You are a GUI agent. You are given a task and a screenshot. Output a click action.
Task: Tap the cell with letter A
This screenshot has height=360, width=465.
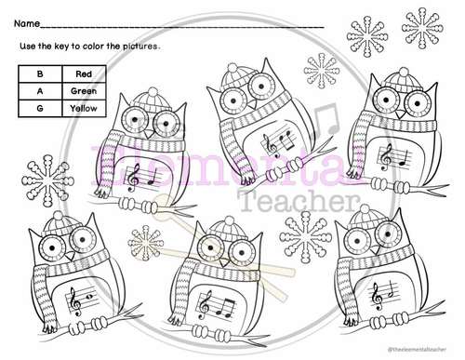point(38,91)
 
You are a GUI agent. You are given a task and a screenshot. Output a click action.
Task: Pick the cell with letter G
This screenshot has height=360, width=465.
point(38,108)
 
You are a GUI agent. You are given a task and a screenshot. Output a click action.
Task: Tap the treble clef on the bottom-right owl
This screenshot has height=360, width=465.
point(377,297)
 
